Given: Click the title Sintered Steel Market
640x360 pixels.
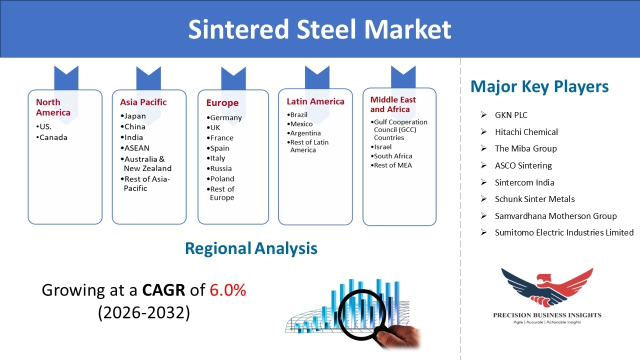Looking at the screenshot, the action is (x=319, y=29).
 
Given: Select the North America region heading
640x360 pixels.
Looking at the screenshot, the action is (x=53, y=107).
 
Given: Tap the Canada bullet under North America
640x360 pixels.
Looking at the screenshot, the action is (x=52, y=137).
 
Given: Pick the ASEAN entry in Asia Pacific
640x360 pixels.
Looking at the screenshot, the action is (x=135, y=148).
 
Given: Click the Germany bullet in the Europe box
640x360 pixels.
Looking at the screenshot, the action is (x=224, y=117).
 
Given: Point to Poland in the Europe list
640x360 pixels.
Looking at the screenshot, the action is (x=220, y=179).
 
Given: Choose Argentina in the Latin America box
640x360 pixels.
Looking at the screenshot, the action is (x=304, y=133).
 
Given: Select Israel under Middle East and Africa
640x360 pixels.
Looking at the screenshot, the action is (x=381, y=147).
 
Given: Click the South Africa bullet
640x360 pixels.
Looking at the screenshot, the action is (x=391, y=156).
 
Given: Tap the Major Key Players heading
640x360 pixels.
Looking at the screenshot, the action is (x=539, y=86).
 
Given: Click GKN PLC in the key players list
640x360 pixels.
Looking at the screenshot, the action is (x=511, y=115).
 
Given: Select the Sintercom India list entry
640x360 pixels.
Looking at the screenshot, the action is (x=524, y=182).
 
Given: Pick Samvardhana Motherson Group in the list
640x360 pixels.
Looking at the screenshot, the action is (x=555, y=216).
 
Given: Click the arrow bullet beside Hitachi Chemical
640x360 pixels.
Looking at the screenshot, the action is (x=483, y=131).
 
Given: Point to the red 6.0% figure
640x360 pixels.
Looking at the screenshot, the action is (x=228, y=290).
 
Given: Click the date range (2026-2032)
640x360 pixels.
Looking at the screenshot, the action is (x=144, y=312).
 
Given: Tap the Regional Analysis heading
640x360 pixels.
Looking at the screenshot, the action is (x=251, y=248).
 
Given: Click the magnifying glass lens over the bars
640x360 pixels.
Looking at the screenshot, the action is (x=362, y=315).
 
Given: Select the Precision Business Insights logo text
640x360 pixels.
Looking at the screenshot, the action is (x=547, y=315).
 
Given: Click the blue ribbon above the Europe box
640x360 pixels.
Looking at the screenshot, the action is (x=233, y=79).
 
